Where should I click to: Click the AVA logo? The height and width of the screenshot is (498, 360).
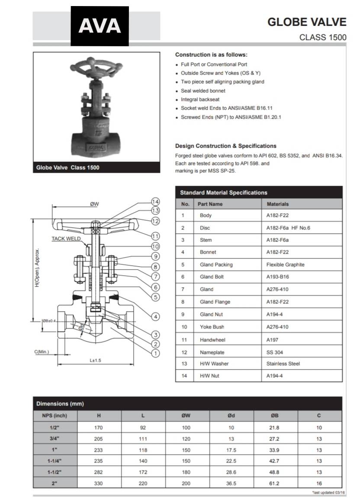[100, 26]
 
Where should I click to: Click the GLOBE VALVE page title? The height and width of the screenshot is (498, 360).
[307, 22]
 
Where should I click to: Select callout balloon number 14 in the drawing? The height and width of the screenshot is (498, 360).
[156, 202]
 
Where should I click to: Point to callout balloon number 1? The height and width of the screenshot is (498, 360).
[156, 353]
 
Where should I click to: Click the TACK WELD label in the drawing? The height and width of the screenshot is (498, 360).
[66, 239]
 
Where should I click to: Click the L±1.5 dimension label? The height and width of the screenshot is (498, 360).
[95, 360]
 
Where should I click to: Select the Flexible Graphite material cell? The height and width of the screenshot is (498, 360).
[285, 265]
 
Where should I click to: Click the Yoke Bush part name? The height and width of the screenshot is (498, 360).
[212, 327]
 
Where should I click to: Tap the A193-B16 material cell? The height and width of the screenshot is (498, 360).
[278, 277]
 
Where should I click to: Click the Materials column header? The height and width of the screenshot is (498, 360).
[277, 204]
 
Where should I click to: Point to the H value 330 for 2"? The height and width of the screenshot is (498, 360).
[99, 483]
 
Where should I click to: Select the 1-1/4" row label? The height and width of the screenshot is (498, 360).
[55, 461]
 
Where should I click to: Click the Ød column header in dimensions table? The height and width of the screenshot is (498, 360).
[231, 416]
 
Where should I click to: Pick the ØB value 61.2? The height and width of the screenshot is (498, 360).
[274, 483]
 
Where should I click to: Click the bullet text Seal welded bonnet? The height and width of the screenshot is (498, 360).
[203, 91]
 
